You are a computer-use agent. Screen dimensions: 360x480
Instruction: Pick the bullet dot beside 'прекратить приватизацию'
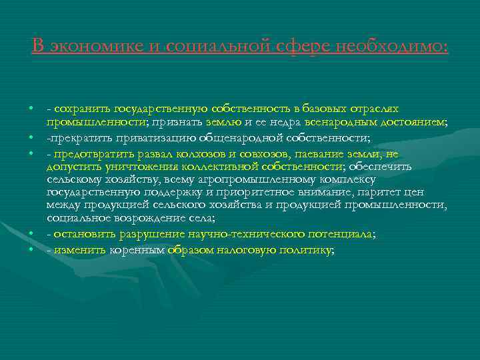click(x=31, y=137)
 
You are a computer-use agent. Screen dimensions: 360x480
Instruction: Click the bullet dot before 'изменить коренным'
click(x=31, y=250)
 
